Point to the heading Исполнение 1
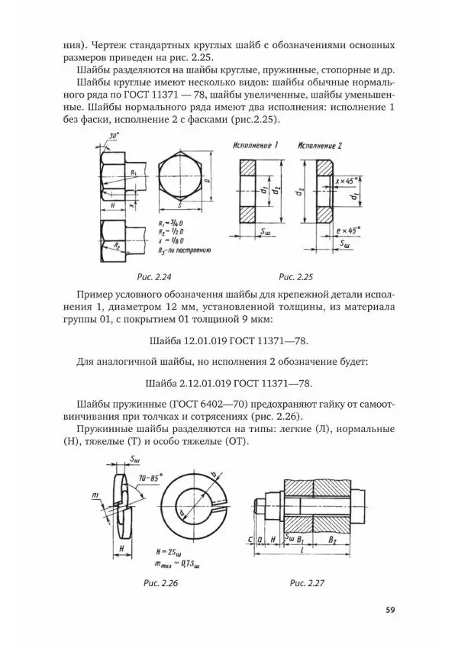255,145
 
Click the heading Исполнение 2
321,145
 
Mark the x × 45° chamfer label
347,181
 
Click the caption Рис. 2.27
308,583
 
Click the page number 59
390,609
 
